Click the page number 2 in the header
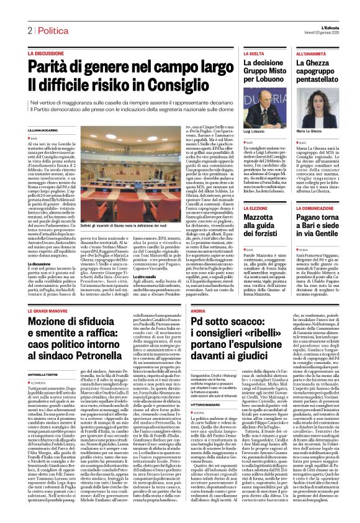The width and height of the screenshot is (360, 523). [29, 30]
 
